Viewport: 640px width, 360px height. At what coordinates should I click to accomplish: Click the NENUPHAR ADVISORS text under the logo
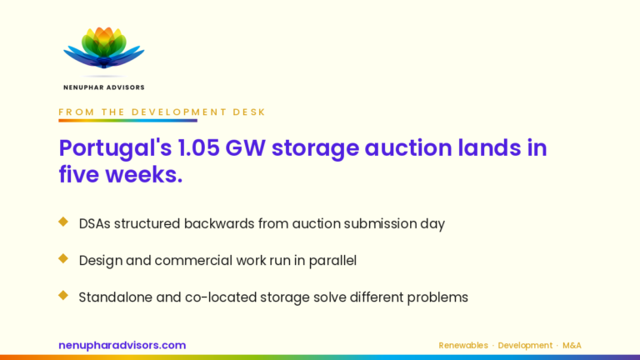[104, 87]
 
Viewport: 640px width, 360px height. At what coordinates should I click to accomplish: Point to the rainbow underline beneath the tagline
[127, 120]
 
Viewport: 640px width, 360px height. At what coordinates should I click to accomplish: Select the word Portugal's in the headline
[116, 148]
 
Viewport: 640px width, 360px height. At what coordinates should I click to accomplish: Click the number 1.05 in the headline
[199, 147]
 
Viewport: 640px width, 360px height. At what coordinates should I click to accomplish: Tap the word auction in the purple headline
[408, 147]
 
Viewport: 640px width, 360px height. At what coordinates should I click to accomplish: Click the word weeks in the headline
[141, 175]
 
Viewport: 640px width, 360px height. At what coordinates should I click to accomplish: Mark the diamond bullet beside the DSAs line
[63, 222]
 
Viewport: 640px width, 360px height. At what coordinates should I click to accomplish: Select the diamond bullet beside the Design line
[63, 258]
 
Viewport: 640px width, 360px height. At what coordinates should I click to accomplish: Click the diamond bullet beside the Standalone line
[63, 295]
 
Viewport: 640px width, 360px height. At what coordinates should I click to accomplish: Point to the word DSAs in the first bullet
[94, 223]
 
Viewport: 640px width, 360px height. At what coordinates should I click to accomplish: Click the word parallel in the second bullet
[332, 261]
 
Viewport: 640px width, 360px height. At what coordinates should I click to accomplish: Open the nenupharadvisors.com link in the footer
[122, 345]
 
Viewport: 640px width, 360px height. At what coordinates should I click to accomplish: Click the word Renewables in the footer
[463, 346]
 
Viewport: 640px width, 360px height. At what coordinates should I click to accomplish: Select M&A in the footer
[572, 346]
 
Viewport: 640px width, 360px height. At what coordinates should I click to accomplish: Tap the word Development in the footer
[525, 346]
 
